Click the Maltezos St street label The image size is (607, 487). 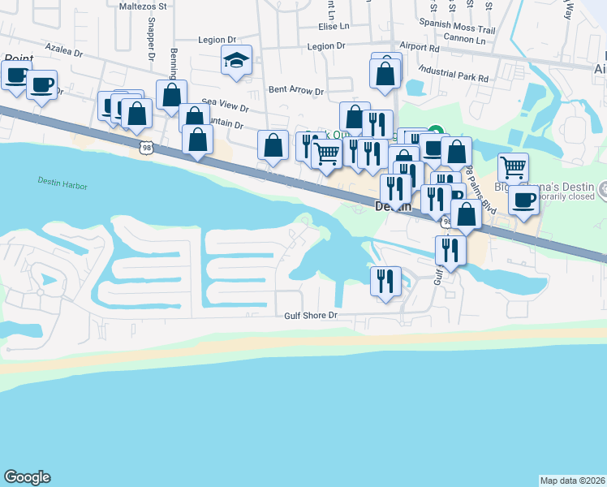coord(143,6)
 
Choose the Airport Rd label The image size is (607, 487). coord(419,48)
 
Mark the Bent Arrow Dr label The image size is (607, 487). coord(295,92)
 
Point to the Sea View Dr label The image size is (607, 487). coord(225,106)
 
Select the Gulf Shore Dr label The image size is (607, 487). coord(310,315)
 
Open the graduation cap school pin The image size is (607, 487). coord(236,61)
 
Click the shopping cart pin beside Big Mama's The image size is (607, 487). coord(513,168)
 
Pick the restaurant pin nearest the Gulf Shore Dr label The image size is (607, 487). coord(385,281)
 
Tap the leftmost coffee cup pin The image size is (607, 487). coord(15,76)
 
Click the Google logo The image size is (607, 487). coord(27,477)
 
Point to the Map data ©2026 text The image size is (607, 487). coord(573,480)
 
